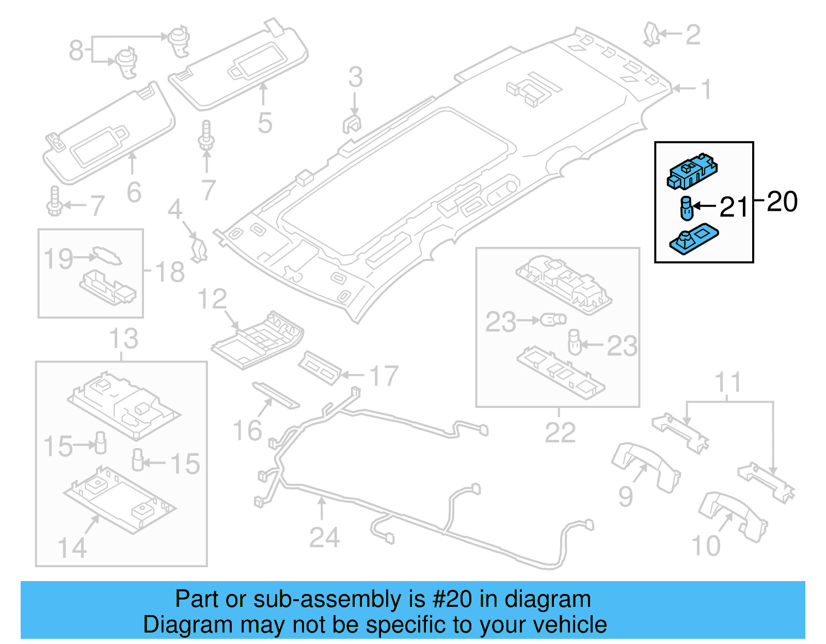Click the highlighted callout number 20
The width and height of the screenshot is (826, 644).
click(782, 202)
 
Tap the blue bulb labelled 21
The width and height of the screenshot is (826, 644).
click(686, 208)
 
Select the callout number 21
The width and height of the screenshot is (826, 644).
click(734, 207)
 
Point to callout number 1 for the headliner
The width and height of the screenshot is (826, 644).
click(706, 89)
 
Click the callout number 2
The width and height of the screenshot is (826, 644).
click(693, 35)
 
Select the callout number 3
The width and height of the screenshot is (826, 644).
click(355, 77)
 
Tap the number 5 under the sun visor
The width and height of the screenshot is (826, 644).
click(264, 123)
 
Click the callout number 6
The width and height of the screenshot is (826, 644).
click(134, 192)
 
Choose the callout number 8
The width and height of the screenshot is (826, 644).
click(76, 51)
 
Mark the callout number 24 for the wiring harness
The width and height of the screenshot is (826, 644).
click(324, 537)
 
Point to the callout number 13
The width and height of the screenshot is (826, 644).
click(123, 339)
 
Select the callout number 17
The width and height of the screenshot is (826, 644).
click(384, 376)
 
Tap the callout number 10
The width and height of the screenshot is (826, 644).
click(706, 546)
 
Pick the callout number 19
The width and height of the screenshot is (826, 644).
click(58, 258)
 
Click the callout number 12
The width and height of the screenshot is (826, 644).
click(212, 299)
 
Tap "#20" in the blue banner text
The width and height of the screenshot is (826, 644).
click(452, 599)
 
